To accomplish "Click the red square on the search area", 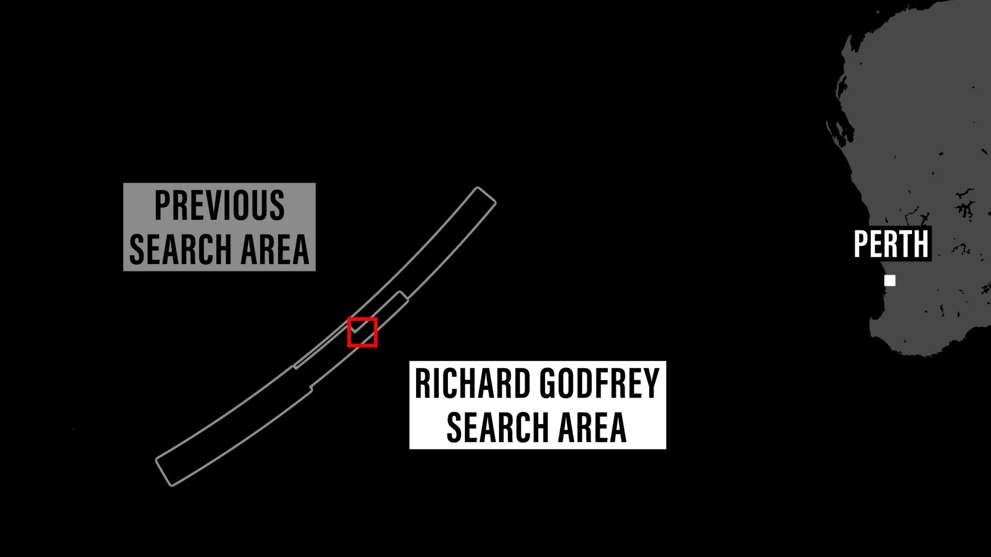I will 362,332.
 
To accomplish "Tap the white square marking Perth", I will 890,281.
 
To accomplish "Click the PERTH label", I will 891,244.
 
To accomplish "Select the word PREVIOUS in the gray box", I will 219,205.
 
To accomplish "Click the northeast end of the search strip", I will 485,195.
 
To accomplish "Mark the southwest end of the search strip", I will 165,473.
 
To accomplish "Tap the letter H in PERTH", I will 921,244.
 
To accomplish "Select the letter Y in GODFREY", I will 651,384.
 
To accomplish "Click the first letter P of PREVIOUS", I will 162,205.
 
